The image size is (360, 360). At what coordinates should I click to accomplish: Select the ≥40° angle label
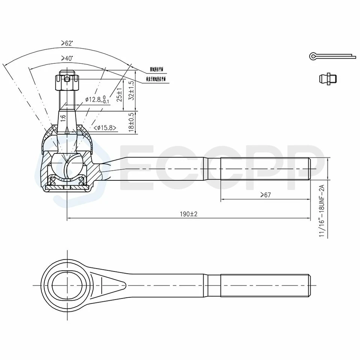pyautogui.click(x=67, y=58)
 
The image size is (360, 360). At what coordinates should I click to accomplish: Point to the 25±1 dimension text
pyautogui.click(x=119, y=95)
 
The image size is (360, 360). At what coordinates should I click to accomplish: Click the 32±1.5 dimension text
pyautogui.click(x=131, y=90)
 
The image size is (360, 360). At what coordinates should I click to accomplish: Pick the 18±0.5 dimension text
pyautogui.click(x=131, y=122)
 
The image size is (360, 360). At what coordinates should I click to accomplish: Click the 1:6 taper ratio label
pyautogui.click(x=63, y=117)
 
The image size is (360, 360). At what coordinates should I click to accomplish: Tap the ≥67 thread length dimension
pyautogui.click(x=265, y=195)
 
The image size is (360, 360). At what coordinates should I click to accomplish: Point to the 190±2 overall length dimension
pyautogui.click(x=188, y=214)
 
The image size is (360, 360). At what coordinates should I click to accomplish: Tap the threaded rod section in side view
pyautogui.click(x=265, y=169)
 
